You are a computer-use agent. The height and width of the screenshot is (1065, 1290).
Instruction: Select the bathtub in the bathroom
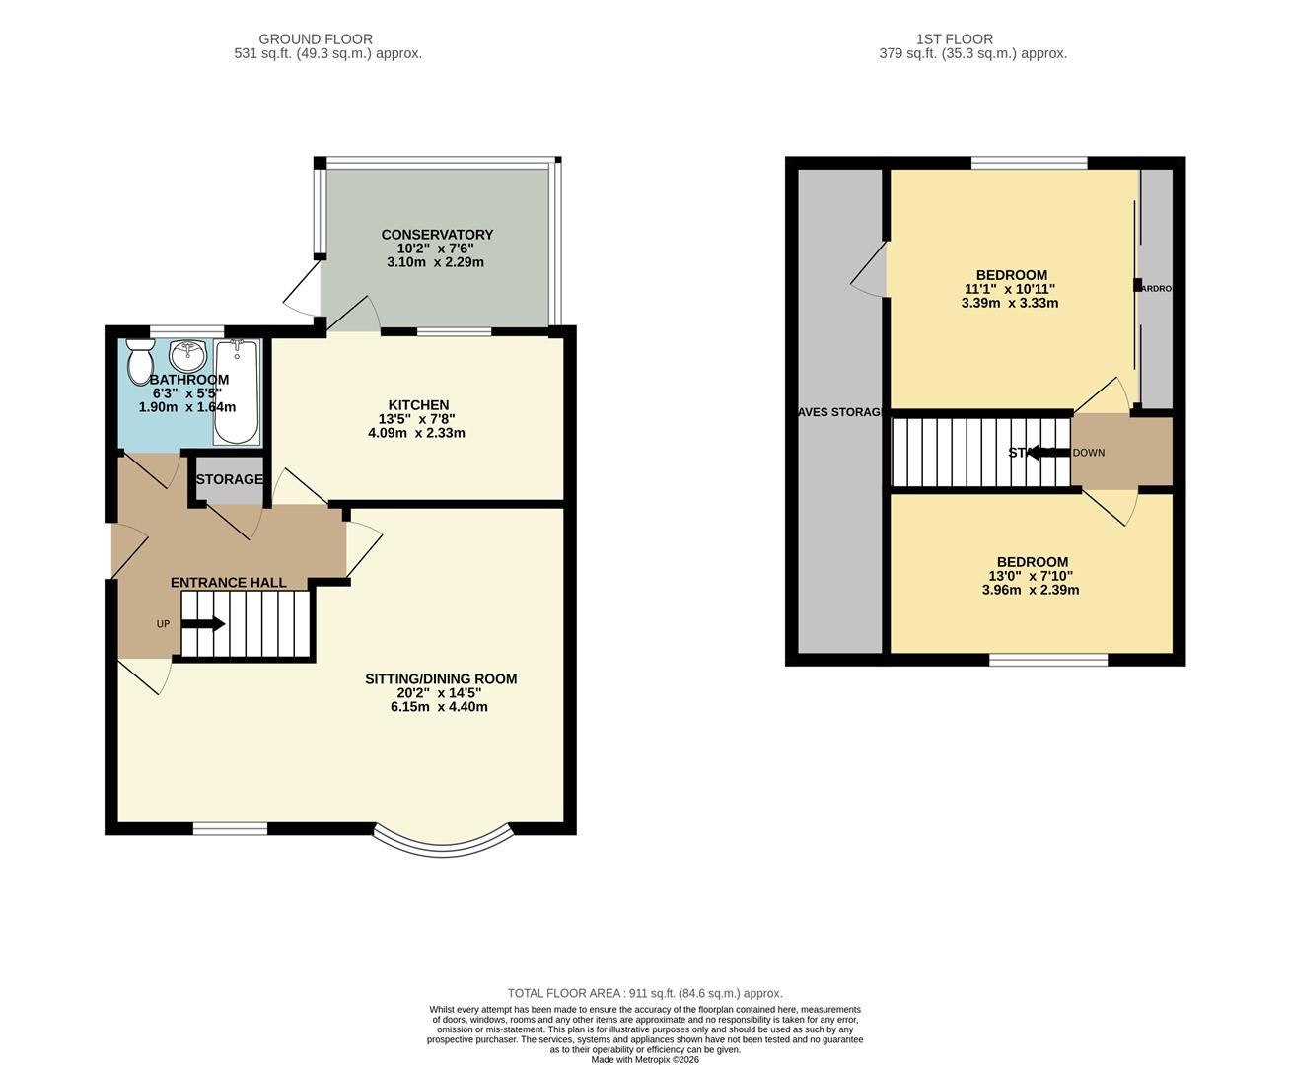[236, 392]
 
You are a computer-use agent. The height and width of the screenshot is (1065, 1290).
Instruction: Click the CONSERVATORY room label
[437, 235]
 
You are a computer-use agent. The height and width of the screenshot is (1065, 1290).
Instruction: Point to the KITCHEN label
[418, 405]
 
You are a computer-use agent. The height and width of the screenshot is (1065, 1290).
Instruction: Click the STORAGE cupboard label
[229, 480]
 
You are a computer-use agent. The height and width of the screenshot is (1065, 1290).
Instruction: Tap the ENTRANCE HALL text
[229, 583]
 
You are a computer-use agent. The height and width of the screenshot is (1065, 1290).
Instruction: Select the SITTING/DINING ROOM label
[441, 679]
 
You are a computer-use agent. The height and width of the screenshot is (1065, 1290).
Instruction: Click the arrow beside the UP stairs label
[203, 624]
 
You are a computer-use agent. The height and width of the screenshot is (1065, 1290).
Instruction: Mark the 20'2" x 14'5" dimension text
[439, 693]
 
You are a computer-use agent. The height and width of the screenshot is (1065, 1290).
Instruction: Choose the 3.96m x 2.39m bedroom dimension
[1031, 591]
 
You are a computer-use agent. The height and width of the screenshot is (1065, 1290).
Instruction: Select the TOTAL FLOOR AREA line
[645, 994]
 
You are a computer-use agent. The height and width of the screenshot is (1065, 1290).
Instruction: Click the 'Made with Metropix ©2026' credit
[645, 1060]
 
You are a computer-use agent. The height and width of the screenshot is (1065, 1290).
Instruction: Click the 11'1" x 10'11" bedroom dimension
[1010, 289]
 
